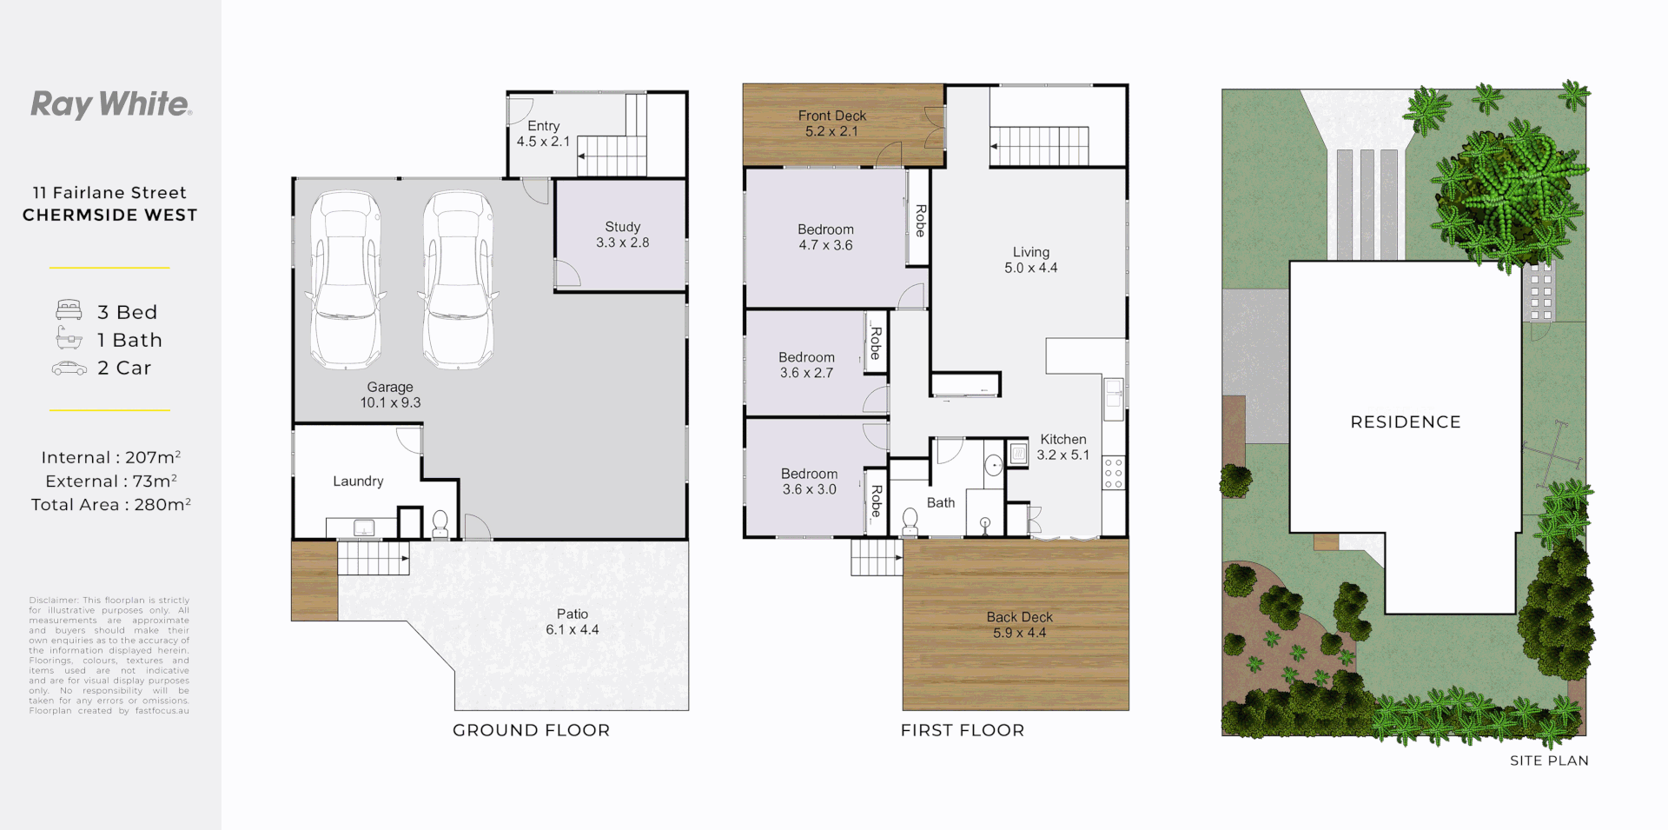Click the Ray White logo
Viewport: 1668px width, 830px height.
[x=111, y=104]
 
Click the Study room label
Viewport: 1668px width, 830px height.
[x=623, y=227]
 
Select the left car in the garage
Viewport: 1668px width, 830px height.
[x=346, y=280]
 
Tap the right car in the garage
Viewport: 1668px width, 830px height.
[x=458, y=280]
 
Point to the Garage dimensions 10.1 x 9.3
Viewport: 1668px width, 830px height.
[x=390, y=402]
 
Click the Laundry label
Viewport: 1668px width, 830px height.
[x=358, y=481]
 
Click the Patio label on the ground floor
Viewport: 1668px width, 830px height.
[x=573, y=614]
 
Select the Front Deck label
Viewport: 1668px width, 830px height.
[x=831, y=116]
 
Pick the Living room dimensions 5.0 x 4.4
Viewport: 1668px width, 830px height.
[x=1030, y=268]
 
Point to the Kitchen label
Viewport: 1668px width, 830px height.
[x=1062, y=439]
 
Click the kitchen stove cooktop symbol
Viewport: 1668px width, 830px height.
[x=1113, y=473]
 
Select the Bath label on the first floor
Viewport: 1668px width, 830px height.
[x=940, y=502]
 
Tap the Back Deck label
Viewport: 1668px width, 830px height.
[x=1019, y=617]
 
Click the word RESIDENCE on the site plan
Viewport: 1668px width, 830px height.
[x=1405, y=422]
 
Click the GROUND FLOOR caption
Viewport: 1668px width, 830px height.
[x=531, y=730]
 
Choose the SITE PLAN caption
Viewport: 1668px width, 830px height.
[x=1548, y=760]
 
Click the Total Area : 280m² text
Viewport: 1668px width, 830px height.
[x=110, y=504]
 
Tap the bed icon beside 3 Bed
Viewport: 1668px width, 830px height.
[x=69, y=310]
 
